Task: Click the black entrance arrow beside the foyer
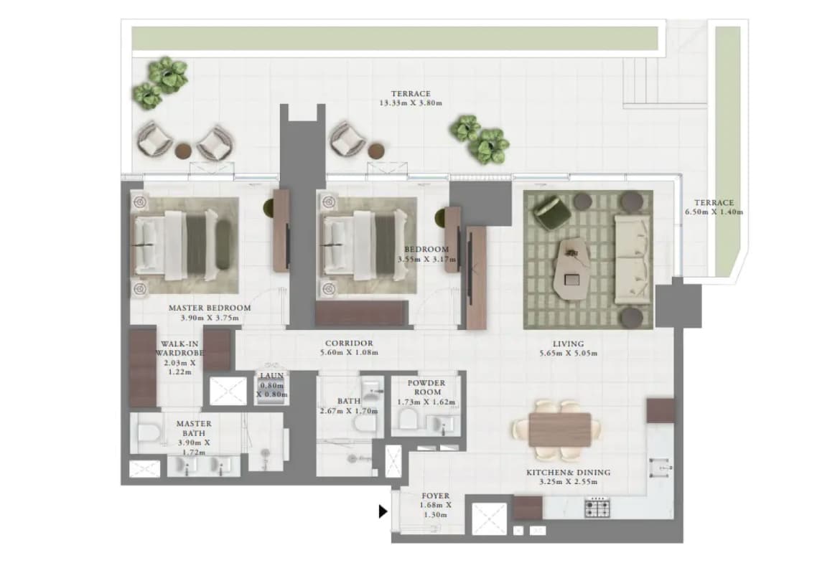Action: coord(383,511)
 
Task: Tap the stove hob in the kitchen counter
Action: coord(597,507)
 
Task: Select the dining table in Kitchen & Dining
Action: coord(560,429)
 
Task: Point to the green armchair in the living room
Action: coord(551,212)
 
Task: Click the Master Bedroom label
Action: coord(210,308)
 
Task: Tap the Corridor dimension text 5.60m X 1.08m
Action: coord(349,353)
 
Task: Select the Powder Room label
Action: coord(426,387)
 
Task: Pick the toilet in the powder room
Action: coord(409,420)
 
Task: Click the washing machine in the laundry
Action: coord(271,387)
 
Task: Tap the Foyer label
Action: coord(436,496)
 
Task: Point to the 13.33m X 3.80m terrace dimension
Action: coord(411,103)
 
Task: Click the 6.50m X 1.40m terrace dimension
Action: coord(714,212)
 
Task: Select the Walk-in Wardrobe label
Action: coord(180,349)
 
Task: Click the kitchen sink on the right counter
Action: coord(661,468)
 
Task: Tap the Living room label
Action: coord(569,344)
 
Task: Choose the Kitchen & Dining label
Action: coord(569,473)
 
